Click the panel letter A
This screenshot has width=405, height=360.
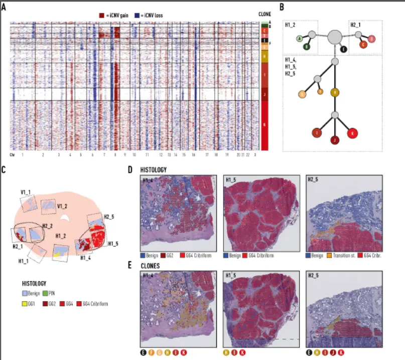(4, 7)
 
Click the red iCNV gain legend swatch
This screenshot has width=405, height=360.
(102, 16)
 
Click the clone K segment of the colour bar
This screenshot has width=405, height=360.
(264, 126)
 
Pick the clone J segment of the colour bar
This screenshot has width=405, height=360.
(264, 94)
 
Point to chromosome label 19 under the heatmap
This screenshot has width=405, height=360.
(227, 155)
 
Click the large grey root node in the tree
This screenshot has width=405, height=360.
(335, 37)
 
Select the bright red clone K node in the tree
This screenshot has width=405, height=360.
(353, 133)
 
